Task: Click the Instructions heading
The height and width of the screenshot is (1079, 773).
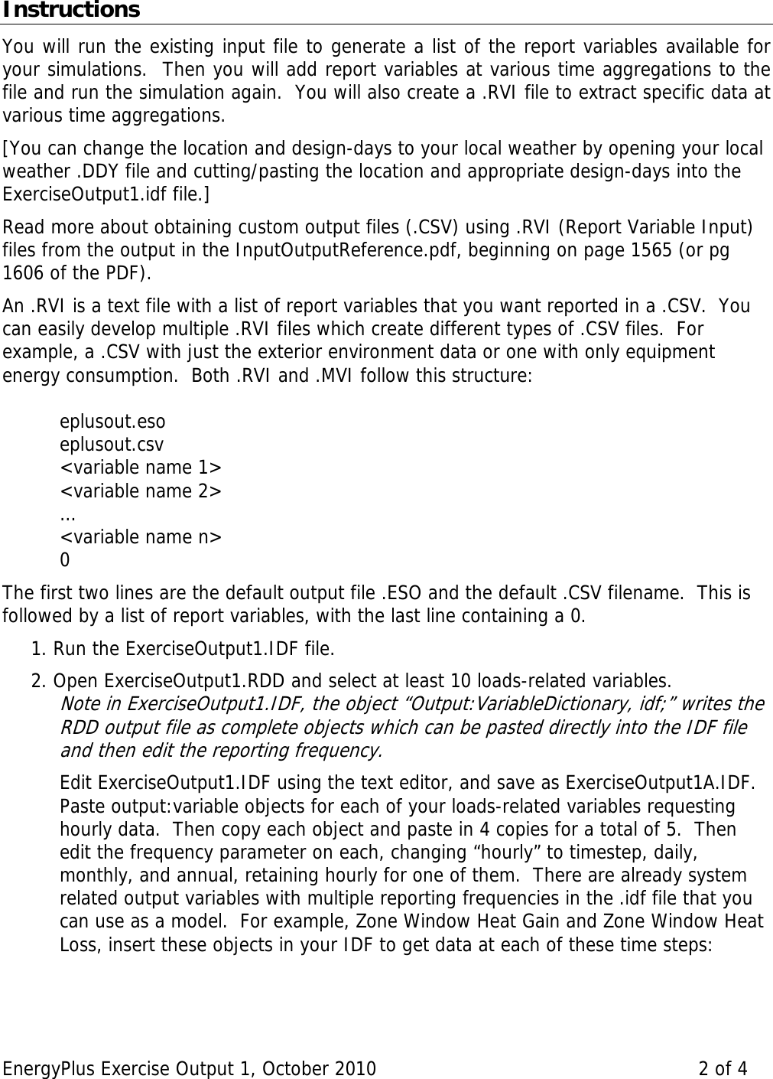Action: (x=70, y=11)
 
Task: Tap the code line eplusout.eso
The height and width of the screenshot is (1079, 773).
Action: (x=112, y=422)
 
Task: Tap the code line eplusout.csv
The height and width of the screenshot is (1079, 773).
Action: (x=112, y=445)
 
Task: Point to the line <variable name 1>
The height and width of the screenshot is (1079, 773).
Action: (x=141, y=468)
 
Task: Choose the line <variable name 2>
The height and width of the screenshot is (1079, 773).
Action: (x=141, y=491)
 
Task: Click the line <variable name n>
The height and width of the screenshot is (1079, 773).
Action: (x=141, y=536)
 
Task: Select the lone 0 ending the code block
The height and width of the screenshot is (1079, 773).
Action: (x=65, y=560)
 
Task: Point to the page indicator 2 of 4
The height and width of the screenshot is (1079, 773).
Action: (x=723, y=1068)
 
